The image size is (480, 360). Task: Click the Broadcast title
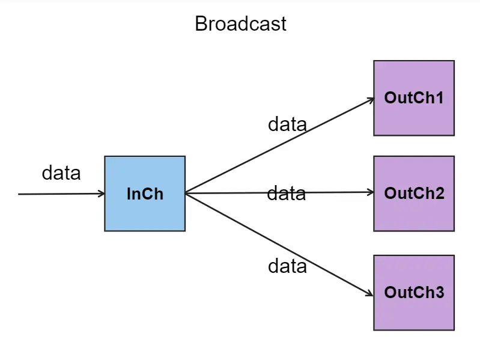point(240,24)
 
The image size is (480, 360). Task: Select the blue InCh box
point(145,194)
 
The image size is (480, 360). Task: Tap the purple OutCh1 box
point(414,98)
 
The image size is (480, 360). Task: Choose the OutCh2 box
point(414,194)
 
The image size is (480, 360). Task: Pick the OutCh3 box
point(414,293)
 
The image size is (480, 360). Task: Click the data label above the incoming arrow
point(61,173)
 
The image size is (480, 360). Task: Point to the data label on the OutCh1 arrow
point(287,124)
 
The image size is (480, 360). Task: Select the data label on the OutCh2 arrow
point(286,194)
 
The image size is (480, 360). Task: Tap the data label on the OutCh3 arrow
point(287,266)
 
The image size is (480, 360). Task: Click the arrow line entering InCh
point(60,194)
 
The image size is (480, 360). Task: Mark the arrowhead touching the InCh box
point(102,194)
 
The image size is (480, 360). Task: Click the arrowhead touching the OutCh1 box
point(371,100)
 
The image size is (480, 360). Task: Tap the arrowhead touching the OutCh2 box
point(371,192)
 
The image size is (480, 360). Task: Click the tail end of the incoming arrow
point(20,194)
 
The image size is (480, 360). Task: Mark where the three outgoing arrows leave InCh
point(186,194)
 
